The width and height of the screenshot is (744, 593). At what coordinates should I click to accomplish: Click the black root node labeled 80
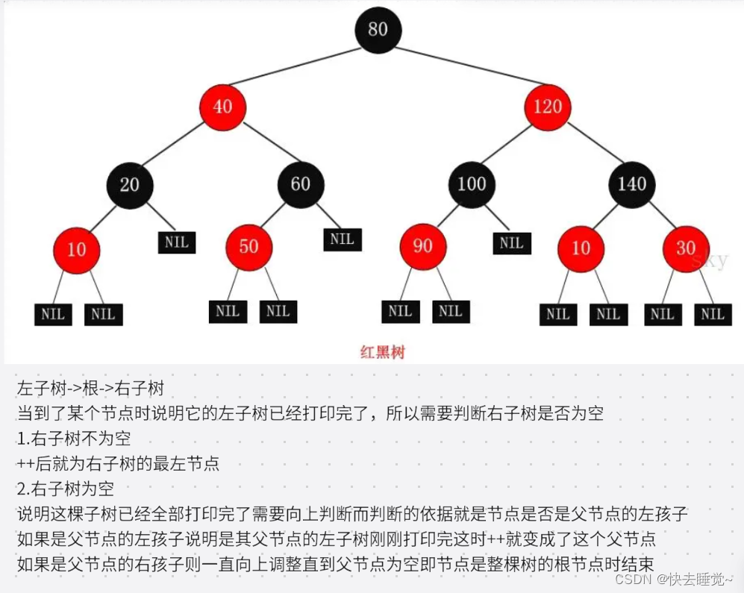[378, 30]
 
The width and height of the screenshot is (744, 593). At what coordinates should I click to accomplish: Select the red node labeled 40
[222, 107]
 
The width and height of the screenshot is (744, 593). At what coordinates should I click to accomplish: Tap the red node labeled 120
[547, 107]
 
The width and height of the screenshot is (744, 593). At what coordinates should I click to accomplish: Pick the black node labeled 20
[129, 184]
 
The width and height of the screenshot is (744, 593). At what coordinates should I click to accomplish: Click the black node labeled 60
[301, 184]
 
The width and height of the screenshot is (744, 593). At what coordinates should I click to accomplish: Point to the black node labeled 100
[472, 184]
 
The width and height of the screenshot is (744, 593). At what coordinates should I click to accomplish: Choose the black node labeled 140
[632, 184]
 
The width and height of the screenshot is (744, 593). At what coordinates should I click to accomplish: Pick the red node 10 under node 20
[76, 249]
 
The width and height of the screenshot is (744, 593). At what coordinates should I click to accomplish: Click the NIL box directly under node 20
[177, 242]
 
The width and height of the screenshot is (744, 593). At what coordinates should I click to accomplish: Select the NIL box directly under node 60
[343, 239]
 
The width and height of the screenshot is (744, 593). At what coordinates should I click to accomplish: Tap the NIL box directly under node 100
[511, 242]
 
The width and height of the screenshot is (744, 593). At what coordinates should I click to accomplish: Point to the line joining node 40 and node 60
[261, 145]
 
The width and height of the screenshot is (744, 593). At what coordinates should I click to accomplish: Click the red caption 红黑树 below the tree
[381, 351]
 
